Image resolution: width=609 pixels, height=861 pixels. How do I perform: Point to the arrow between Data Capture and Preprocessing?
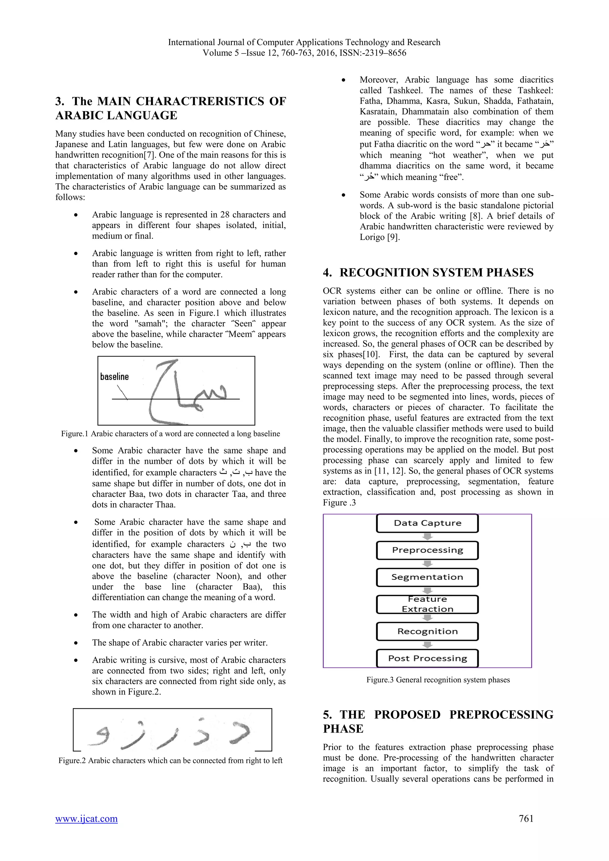pos(428,537)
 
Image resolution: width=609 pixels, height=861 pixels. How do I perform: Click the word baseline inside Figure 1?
pos(114,376)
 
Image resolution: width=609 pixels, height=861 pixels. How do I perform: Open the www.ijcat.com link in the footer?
pos(86,818)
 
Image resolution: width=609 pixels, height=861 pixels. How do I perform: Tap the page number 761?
pos(526,818)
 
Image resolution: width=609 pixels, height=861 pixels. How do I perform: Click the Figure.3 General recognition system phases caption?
pos(438,680)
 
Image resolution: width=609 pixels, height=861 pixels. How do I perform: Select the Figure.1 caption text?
pos(171,434)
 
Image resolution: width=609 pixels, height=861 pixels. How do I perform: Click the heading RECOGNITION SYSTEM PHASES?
pos(436,273)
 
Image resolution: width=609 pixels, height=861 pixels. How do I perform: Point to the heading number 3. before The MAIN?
pos(59,101)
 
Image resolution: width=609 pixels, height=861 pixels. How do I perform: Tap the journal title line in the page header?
pos(304,43)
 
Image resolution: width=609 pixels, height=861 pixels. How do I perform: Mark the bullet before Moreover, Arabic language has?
pos(343,80)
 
